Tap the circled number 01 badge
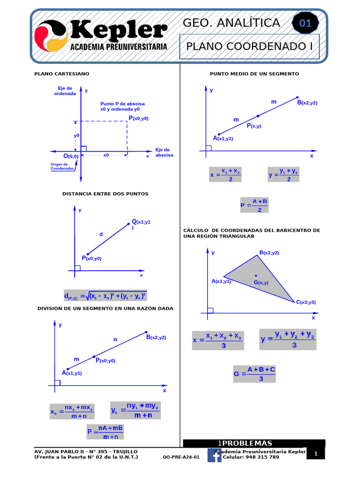click(x=305, y=23)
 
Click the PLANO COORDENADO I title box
click(x=249, y=46)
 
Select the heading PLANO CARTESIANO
click(x=62, y=74)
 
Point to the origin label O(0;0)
click(x=71, y=156)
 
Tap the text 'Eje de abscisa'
click(x=164, y=152)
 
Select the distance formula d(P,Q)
click(x=105, y=296)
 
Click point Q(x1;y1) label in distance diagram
click(x=141, y=222)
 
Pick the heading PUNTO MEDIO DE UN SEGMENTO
click(x=254, y=74)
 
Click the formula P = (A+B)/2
click(x=254, y=205)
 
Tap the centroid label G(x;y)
click(x=261, y=282)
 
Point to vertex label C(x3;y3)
click(x=306, y=302)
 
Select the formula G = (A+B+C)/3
click(x=254, y=374)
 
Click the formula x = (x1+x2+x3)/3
click(x=217, y=340)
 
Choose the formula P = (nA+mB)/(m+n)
click(x=105, y=432)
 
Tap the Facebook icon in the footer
click(x=214, y=455)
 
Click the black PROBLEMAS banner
click(x=254, y=443)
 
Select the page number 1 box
click(x=316, y=454)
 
